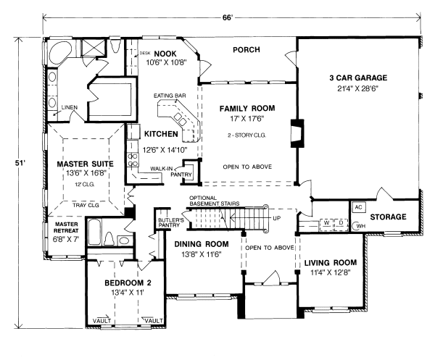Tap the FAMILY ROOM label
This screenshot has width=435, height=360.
249,108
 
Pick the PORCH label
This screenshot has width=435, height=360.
246,50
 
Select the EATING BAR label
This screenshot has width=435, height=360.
166,96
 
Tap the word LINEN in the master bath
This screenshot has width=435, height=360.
70,106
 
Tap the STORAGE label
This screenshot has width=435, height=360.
388,217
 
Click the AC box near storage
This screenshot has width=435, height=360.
357,206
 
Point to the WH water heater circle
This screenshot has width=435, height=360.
360,226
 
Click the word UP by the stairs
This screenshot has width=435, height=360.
275,217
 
